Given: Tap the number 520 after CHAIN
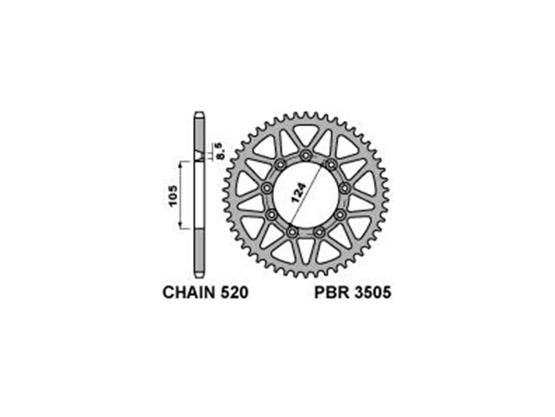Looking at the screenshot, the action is tap(234, 293).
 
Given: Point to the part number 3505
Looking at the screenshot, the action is tap(372, 293).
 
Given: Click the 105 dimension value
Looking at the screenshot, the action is tap(173, 196).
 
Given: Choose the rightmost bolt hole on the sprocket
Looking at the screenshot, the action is tap(345, 188).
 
